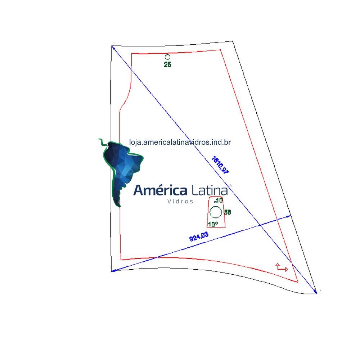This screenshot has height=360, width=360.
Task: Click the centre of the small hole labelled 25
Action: pyautogui.click(x=167, y=57)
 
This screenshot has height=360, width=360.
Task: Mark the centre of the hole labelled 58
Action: pyautogui.click(x=216, y=212)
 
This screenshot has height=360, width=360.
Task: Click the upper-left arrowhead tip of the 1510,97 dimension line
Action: pyautogui.click(x=111, y=46)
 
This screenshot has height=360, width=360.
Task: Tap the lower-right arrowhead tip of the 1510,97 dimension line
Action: pyautogui.click(x=317, y=294)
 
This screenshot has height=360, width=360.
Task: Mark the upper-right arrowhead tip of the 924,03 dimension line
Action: pyautogui.click(x=291, y=216)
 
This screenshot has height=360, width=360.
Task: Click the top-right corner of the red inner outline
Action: pyautogui.click(x=220, y=49)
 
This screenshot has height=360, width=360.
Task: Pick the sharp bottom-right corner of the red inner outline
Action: pyautogui.click(x=298, y=282)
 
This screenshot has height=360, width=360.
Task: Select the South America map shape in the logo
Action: pyautogui.click(x=121, y=172)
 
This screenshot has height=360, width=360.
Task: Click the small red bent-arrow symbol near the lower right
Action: pyautogui.click(x=282, y=267)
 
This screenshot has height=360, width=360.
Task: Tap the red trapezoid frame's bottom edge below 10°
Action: pyautogui.click(x=216, y=227)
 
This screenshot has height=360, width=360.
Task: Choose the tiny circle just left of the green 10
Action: pyautogui.click(x=215, y=202)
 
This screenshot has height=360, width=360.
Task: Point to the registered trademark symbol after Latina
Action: pyautogui.click(x=230, y=186)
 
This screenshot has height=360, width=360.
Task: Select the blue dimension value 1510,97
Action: pyautogui.click(x=220, y=165)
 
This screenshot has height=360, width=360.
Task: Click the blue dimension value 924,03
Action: pyautogui.click(x=199, y=237)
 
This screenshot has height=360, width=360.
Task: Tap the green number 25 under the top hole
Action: pyautogui.click(x=168, y=64)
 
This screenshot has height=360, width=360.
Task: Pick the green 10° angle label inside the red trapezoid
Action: pyautogui.click(x=213, y=224)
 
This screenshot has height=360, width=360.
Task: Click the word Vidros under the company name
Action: pyautogui.click(x=180, y=201)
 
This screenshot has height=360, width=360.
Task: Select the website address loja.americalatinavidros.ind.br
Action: pyautogui.click(x=180, y=142)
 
